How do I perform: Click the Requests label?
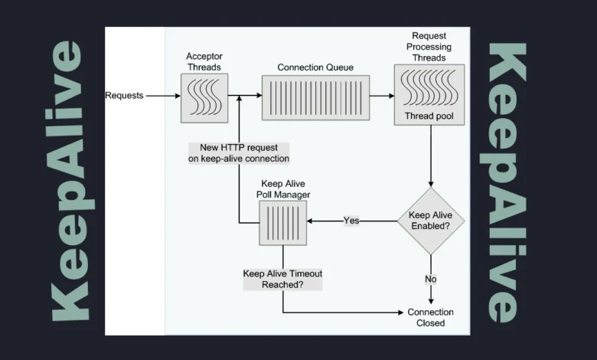(x=124, y=96)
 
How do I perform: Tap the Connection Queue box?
(x=315, y=97)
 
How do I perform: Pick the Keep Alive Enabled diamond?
(x=430, y=221)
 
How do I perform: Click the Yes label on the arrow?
(x=351, y=221)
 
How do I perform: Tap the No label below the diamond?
(x=430, y=279)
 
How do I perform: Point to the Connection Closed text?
(x=430, y=317)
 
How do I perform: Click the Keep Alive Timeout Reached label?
(x=282, y=278)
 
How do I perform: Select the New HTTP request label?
(x=239, y=152)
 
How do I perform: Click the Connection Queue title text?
(x=315, y=67)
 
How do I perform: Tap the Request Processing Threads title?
(x=429, y=46)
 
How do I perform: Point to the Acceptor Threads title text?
(x=203, y=62)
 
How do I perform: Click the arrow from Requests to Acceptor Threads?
(x=162, y=96)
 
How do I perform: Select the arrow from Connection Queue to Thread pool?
(x=381, y=97)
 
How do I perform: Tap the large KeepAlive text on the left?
(x=67, y=181)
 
